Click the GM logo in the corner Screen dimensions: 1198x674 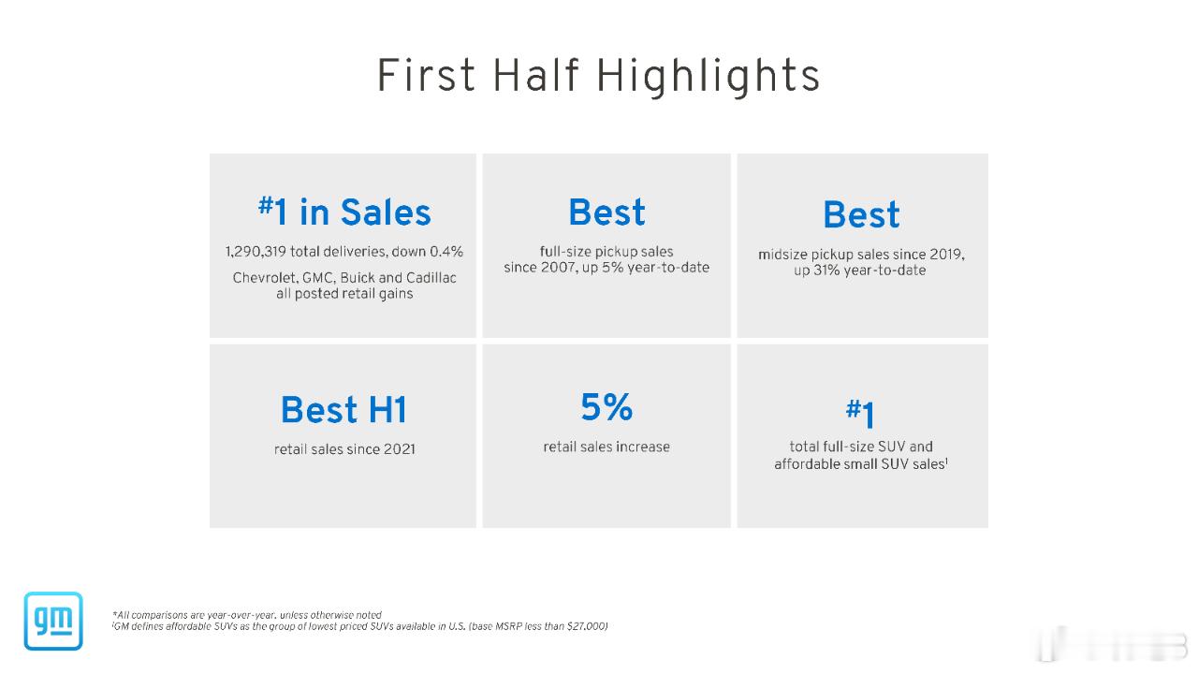(x=53, y=621)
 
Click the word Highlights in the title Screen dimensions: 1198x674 (x=709, y=77)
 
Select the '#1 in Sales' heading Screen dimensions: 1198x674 (x=344, y=212)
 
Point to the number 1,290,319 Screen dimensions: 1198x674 (x=256, y=252)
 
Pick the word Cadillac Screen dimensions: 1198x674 (x=431, y=278)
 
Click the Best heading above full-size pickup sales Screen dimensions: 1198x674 (x=606, y=212)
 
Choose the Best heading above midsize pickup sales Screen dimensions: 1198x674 (x=861, y=214)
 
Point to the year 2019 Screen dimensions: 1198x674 (x=946, y=254)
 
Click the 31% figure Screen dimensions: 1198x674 (x=826, y=271)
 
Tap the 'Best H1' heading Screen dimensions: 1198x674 (x=343, y=410)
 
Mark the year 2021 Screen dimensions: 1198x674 (x=399, y=448)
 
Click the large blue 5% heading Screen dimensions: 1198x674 (x=606, y=406)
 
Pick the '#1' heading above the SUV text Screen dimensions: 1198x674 (x=860, y=413)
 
